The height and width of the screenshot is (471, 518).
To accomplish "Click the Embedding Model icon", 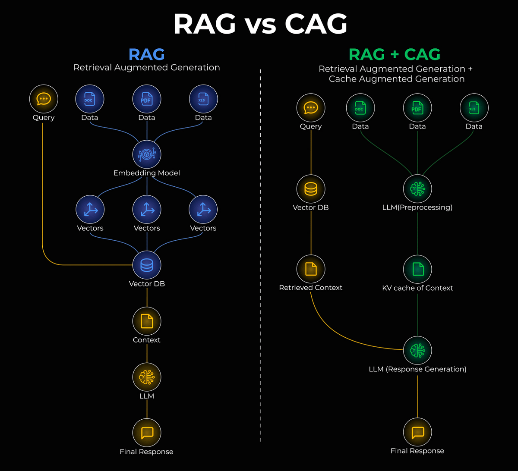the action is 147,154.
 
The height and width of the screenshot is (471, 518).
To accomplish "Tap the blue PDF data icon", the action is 147,99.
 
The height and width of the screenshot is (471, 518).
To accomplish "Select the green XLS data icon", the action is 474,108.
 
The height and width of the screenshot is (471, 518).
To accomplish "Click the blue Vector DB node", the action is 147,265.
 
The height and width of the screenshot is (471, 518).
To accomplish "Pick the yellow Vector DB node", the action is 311,189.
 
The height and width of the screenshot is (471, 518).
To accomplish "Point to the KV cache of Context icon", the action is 417,269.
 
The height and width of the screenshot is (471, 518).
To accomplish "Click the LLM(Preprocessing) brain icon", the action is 417,188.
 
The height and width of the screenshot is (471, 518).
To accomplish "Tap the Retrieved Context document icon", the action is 311,269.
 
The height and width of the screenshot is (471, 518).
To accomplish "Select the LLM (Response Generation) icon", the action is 417,350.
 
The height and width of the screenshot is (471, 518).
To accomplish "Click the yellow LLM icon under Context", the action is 147,377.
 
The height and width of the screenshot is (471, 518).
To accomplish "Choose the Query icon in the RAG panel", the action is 44,99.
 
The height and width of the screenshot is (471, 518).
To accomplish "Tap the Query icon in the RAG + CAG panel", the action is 311,108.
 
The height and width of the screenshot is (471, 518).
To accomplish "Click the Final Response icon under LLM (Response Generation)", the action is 417,432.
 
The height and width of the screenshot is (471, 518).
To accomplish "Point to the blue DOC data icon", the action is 90,99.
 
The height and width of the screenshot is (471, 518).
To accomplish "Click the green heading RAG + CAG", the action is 394,54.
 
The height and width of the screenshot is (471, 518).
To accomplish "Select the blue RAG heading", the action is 146,54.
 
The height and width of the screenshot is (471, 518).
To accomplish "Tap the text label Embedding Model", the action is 147,173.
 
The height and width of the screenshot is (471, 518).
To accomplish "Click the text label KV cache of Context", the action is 417,288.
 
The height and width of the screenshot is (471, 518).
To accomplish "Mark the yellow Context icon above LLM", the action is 147,321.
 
